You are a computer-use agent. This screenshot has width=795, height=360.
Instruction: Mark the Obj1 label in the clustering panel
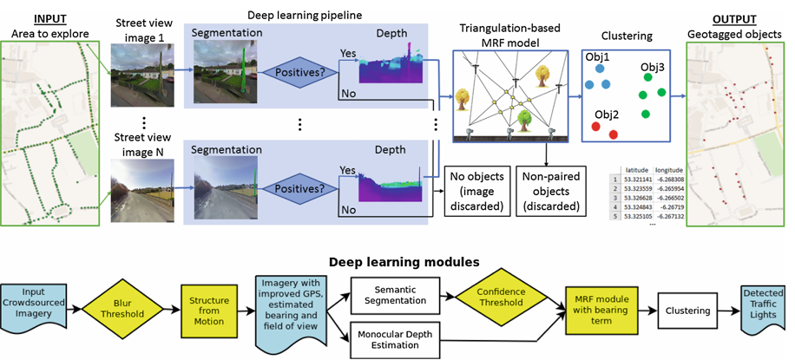596,58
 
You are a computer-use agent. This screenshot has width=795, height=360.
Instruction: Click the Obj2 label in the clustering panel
606,115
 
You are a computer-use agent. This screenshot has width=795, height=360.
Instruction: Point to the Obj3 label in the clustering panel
652,67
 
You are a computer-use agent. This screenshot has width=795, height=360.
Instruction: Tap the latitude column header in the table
640,171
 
